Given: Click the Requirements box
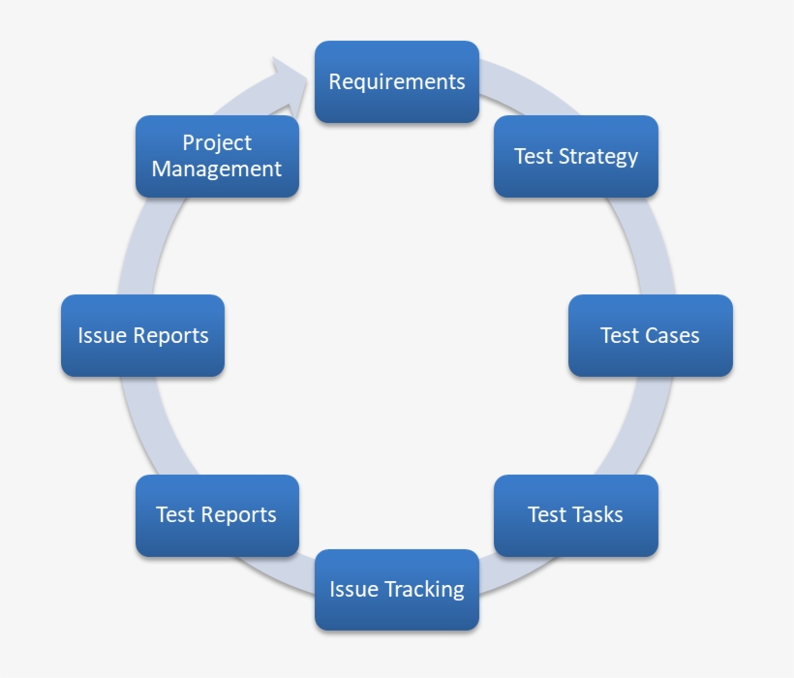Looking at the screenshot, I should [x=397, y=82].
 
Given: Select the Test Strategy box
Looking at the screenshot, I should [x=576, y=157].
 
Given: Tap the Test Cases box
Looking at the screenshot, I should [x=650, y=336].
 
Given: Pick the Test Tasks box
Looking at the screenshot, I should [x=576, y=515].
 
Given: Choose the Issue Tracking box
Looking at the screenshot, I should [x=397, y=590].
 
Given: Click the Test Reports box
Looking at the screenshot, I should [x=217, y=515].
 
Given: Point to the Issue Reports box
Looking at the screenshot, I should [x=142, y=336].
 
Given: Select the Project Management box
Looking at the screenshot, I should [x=217, y=157].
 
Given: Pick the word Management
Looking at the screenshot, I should [x=217, y=169].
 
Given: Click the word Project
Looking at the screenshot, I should [x=217, y=143].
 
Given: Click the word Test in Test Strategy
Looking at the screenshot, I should [x=533, y=157].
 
